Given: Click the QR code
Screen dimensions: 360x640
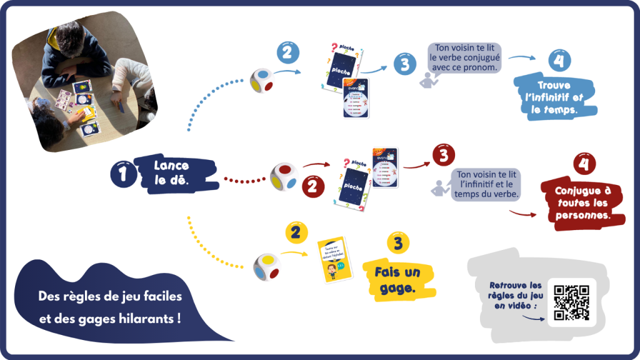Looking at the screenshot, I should [572, 302].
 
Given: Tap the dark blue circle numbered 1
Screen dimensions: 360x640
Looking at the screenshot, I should [122, 175].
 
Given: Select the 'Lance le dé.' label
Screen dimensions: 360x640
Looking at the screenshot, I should [172, 173].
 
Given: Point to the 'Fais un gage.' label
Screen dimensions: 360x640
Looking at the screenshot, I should [397, 279].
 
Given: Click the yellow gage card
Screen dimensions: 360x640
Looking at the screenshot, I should [331, 260].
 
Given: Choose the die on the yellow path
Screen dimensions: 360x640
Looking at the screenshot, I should [266, 266].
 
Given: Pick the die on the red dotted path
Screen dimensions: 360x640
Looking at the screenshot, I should [283, 176].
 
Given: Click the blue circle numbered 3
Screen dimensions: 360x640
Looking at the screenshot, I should [405, 63].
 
